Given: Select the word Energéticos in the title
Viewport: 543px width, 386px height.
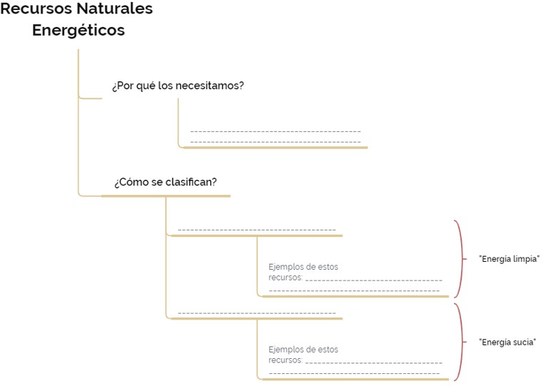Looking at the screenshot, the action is coord(78,31).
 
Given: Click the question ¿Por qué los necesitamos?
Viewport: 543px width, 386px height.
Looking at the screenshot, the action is coord(178,86).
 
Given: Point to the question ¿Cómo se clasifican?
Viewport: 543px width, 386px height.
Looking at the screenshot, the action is coord(165,182).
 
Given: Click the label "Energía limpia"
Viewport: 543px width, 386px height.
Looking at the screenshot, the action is coord(509,259).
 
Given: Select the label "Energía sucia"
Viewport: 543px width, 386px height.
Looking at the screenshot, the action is coord(507,342).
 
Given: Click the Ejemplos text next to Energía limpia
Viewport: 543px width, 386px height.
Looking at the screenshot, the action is coord(304,272).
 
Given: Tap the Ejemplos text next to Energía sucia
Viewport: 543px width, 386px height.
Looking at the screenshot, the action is coord(304,355).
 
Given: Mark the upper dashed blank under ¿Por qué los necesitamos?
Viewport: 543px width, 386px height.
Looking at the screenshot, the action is coord(276,132).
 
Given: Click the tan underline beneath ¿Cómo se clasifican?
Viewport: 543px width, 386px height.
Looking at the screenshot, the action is coord(166,196).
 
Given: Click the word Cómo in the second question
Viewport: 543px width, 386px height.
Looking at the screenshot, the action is coord(133,182).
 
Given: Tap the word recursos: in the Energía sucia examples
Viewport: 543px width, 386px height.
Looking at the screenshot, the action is coord(285,360).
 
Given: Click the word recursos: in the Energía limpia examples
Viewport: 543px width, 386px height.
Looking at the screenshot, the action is coord(285,278).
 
